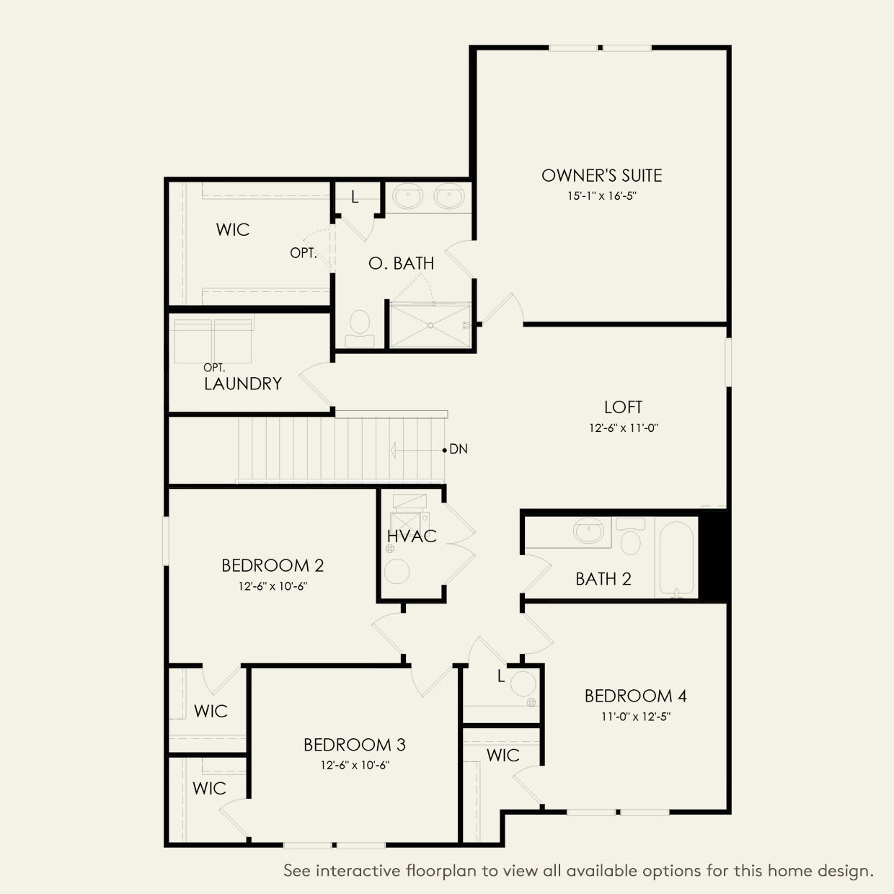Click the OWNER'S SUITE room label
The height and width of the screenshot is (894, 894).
tap(601, 175)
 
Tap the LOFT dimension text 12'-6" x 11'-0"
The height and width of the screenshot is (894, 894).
tap(624, 428)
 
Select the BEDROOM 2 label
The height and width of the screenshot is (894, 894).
tap(273, 565)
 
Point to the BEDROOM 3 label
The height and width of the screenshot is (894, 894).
tap(355, 745)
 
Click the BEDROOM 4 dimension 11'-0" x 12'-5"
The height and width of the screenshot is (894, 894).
tap(635, 717)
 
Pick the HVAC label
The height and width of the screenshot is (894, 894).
tap(412, 536)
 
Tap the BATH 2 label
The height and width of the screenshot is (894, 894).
tap(603, 579)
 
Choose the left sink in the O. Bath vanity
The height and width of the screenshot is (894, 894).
tap(408, 196)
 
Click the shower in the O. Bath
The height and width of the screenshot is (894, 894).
tap(430, 326)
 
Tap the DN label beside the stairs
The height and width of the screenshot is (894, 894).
tap(459, 449)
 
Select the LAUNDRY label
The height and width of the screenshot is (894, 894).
tap(242, 384)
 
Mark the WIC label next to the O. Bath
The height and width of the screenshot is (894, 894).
tap(233, 230)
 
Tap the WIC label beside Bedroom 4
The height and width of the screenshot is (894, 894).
tap(503, 755)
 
